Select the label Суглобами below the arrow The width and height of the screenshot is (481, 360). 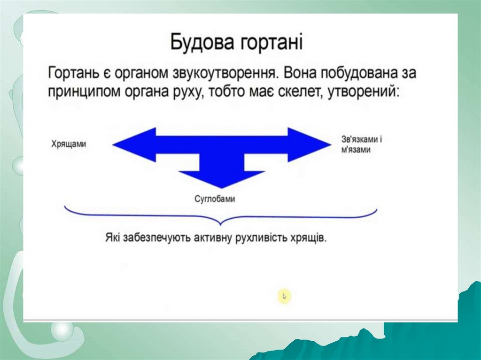pos(215,199)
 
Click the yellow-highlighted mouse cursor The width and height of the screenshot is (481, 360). pos(284,296)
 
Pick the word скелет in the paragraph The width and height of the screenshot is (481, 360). pos(287,91)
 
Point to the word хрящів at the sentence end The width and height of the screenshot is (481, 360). pos(310,237)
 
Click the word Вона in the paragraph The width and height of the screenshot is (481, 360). pos(302,74)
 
